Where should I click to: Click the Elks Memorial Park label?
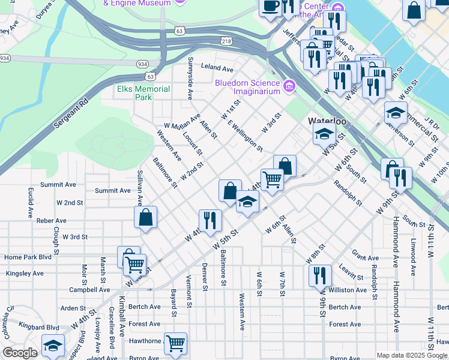tap(143, 93)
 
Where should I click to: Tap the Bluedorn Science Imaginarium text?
tap(248, 88)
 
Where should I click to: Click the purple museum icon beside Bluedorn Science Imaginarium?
tap(290, 87)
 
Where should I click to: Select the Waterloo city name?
tap(328, 121)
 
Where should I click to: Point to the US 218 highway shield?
tap(226, 41)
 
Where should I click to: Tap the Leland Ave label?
tap(217, 69)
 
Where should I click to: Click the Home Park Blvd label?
tap(28, 257)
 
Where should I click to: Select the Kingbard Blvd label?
tap(39, 328)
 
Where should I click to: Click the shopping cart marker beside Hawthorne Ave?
tap(175, 343)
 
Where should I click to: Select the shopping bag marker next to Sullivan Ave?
tap(146, 217)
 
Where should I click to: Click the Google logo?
tap(20, 353)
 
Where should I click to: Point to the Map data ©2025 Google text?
tap(412, 355)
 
